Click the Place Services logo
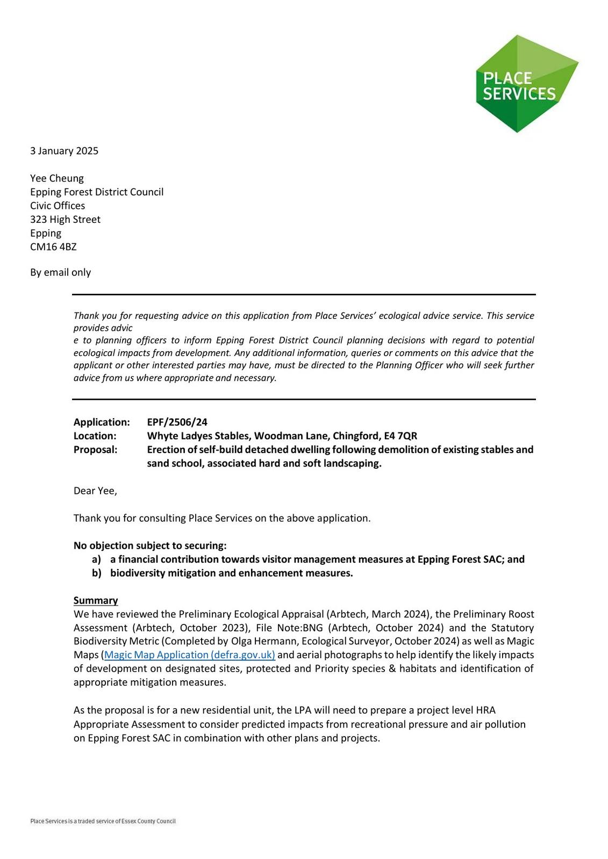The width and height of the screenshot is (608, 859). (526, 84)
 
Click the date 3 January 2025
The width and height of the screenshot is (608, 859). (64, 151)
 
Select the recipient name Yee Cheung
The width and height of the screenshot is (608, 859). (57, 178)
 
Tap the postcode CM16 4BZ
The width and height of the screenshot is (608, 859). (53, 247)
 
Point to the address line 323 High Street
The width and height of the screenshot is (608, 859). (65, 220)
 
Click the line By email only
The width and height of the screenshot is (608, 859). (60, 272)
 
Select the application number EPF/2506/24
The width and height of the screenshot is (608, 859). (177, 423)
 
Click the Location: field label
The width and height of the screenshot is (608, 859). (95, 436)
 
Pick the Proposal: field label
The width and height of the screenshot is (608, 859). (95, 450)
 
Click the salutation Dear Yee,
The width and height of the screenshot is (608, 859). (95, 491)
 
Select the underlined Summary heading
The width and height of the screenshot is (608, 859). (96, 600)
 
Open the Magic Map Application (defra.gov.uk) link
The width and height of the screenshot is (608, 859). (190, 655)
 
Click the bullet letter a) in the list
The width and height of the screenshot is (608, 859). (96, 559)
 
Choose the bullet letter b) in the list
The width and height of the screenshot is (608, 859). (96, 573)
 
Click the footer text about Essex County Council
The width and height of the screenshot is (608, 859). (103, 821)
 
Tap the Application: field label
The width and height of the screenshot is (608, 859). (102, 423)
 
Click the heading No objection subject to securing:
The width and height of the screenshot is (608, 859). (150, 545)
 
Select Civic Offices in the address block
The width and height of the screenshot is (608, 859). (58, 206)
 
